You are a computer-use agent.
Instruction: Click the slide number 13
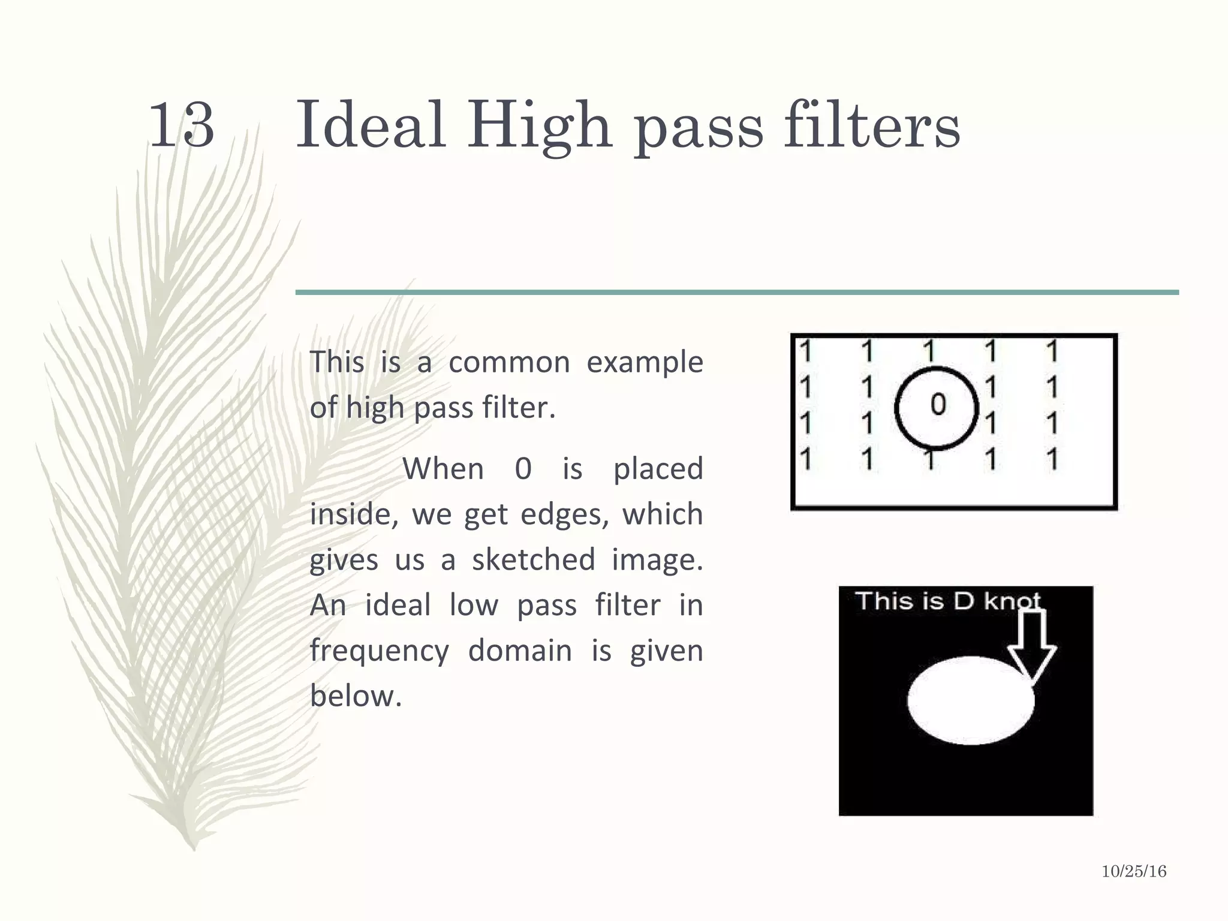point(181,125)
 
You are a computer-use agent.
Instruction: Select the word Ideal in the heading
point(371,125)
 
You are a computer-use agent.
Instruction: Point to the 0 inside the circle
point(938,405)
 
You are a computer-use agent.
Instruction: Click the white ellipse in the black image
point(970,700)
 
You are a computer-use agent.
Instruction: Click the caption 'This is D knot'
point(947,601)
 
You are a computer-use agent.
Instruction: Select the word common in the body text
point(509,363)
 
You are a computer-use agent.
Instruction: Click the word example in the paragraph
point(644,363)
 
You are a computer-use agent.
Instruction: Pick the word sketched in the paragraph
point(533,559)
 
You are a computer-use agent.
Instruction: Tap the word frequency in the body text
point(379,651)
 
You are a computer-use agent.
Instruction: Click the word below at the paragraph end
point(356,696)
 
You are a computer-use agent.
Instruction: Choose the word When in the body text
point(443,468)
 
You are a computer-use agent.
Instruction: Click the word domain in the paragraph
point(519,651)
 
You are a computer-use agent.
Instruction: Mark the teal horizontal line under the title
point(736,293)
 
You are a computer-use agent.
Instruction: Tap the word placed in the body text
point(658,468)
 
